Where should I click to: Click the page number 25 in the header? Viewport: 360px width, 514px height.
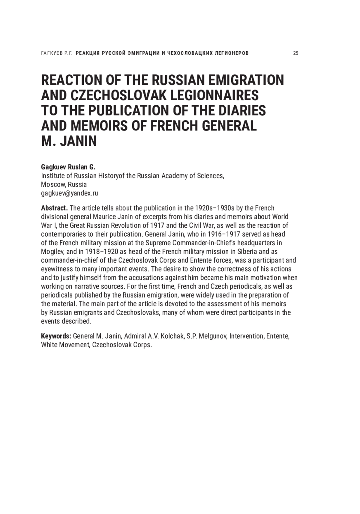click(x=295, y=53)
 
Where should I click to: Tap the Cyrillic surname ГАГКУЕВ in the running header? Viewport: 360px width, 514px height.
click(x=52, y=53)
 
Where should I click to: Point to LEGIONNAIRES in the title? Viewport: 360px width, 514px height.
click(x=214, y=95)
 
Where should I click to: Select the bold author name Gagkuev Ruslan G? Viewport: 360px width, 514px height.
click(x=68, y=167)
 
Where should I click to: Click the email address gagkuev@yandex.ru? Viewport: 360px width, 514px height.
click(x=69, y=193)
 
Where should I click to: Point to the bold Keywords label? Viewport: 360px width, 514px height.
click(x=56, y=336)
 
